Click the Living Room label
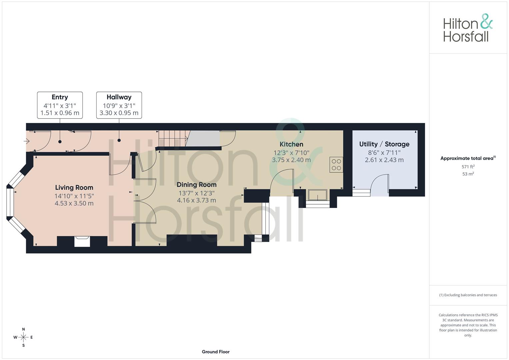pos(74,188)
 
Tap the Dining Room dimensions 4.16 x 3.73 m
pos(196,200)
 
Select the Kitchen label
pos(291,144)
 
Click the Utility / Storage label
pos(384,144)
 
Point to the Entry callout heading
pos(60,97)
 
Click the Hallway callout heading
pos(119,97)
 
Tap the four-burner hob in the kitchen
pos(336,165)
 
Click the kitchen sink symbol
pos(317,195)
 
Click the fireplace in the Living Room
pos(82,241)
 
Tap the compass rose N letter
pos(23,329)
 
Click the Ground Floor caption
pos(216,352)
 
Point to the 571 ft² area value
pos(468,167)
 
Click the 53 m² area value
pos(468,174)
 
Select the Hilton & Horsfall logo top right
pos(468,28)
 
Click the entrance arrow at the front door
pos(27,141)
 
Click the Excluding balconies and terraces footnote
pos(468,295)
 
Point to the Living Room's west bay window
pos(10,204)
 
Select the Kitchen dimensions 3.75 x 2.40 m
pos(291,160)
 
